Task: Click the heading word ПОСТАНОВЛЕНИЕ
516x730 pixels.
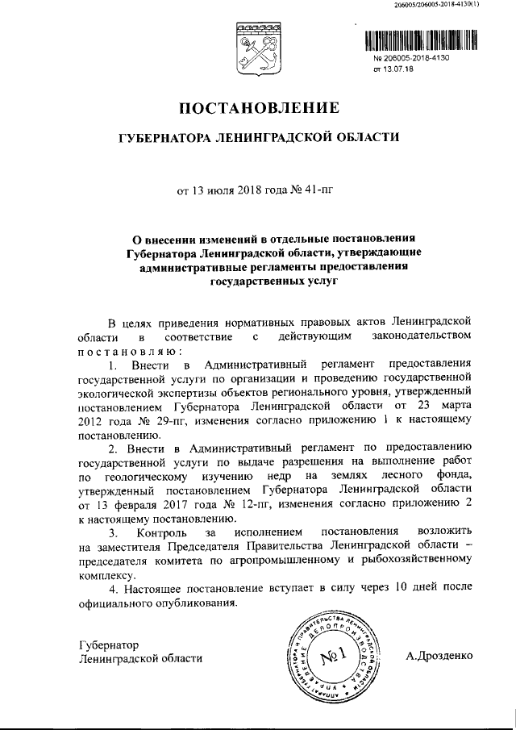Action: pyautogui.click(x=257, y=107)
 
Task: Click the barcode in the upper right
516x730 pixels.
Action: pyautogui.click(x=419, y=40)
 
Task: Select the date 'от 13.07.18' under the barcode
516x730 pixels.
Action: pyautogui.click(x=393, y=70)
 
